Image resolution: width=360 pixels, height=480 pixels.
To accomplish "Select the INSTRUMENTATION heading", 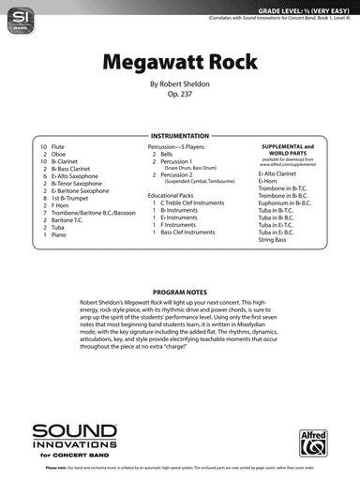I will (x=179, y=137).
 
